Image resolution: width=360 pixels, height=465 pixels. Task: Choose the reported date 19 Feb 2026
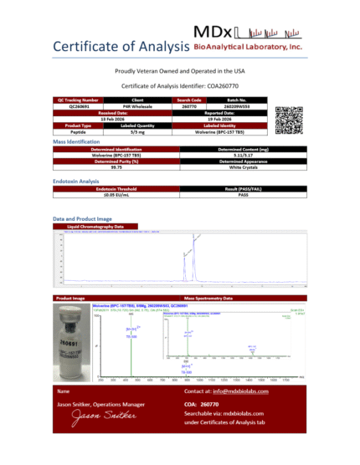[x=217, y=120]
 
